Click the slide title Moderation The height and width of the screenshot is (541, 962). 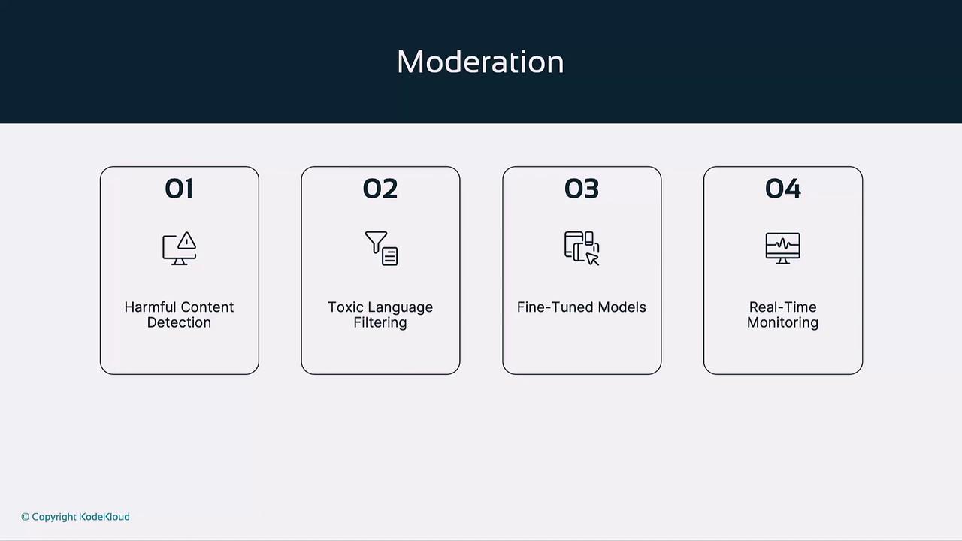pos(480,62)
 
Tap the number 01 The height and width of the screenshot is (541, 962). pos(179,189)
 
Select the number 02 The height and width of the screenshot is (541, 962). pos(380,189)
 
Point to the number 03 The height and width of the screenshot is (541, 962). pos(582,189)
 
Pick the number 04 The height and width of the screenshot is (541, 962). pos(782,189)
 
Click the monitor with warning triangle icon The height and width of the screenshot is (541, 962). pos(180,249)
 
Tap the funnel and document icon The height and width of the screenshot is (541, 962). pos(381,249)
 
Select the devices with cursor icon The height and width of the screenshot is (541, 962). pos(582,249)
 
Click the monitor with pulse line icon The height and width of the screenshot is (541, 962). pos(782,249)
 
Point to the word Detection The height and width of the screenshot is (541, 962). pos(179,322)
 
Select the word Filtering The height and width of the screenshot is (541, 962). pos(380,323)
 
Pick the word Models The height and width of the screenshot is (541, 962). pos(622,307)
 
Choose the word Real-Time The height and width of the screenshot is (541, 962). pos(782,307)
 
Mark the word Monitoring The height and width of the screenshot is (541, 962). pos(782,323)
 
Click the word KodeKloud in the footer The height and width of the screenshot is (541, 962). pos(104,517)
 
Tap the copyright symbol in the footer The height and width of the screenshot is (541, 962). pos(26,517)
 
